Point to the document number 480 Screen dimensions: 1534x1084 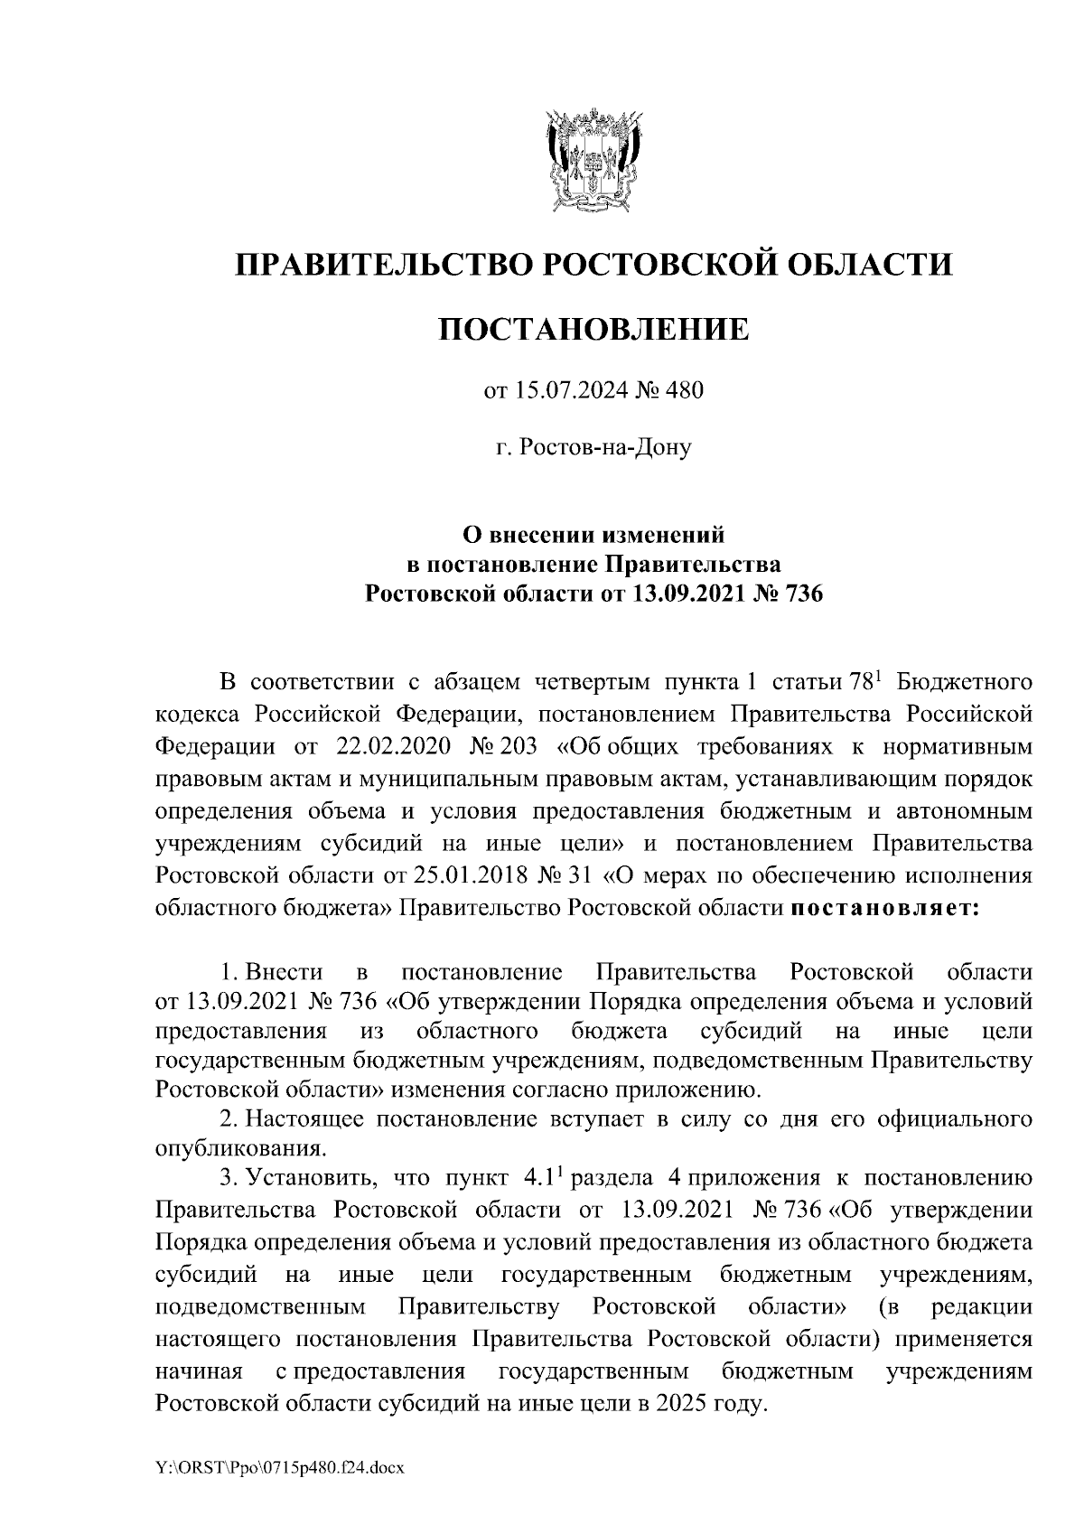[684, 391]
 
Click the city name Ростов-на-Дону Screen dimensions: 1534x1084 [593, 446]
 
